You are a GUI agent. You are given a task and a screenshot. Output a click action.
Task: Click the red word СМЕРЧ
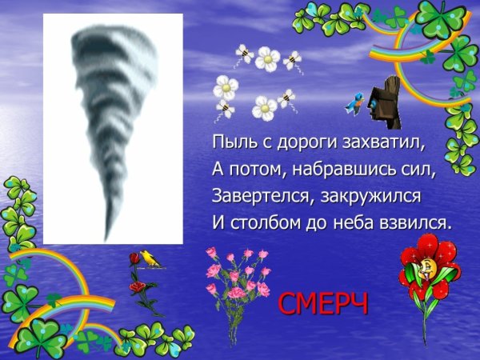[323, 305]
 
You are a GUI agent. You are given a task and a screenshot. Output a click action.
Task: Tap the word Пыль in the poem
[230, 143]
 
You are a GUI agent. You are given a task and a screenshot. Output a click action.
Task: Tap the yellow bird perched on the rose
[147, 258]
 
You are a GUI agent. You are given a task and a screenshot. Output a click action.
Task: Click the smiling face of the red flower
[429, 266]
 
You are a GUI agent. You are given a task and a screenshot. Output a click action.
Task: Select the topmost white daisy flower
[268, 58]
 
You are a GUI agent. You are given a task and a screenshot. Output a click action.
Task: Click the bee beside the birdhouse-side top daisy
[293, 60]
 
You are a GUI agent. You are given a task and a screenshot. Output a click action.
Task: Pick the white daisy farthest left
[226, 87]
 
